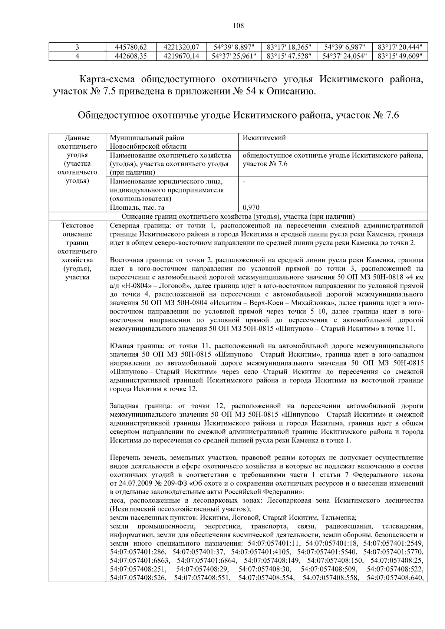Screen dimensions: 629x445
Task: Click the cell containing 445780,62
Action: click(131, 47)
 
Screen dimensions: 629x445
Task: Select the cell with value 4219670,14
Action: click(181, 56)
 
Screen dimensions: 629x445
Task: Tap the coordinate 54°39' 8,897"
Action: click(234, 47)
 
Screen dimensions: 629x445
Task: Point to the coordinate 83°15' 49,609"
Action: click(400, 56)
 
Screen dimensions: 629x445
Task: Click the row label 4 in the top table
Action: click(77, 56)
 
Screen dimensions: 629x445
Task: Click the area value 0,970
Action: click(251, 208)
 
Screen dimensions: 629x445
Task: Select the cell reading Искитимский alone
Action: click(264, 138)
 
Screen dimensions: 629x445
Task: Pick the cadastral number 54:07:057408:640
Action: click(395, 578)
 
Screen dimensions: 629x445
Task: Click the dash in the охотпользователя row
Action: click(244, 182)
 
